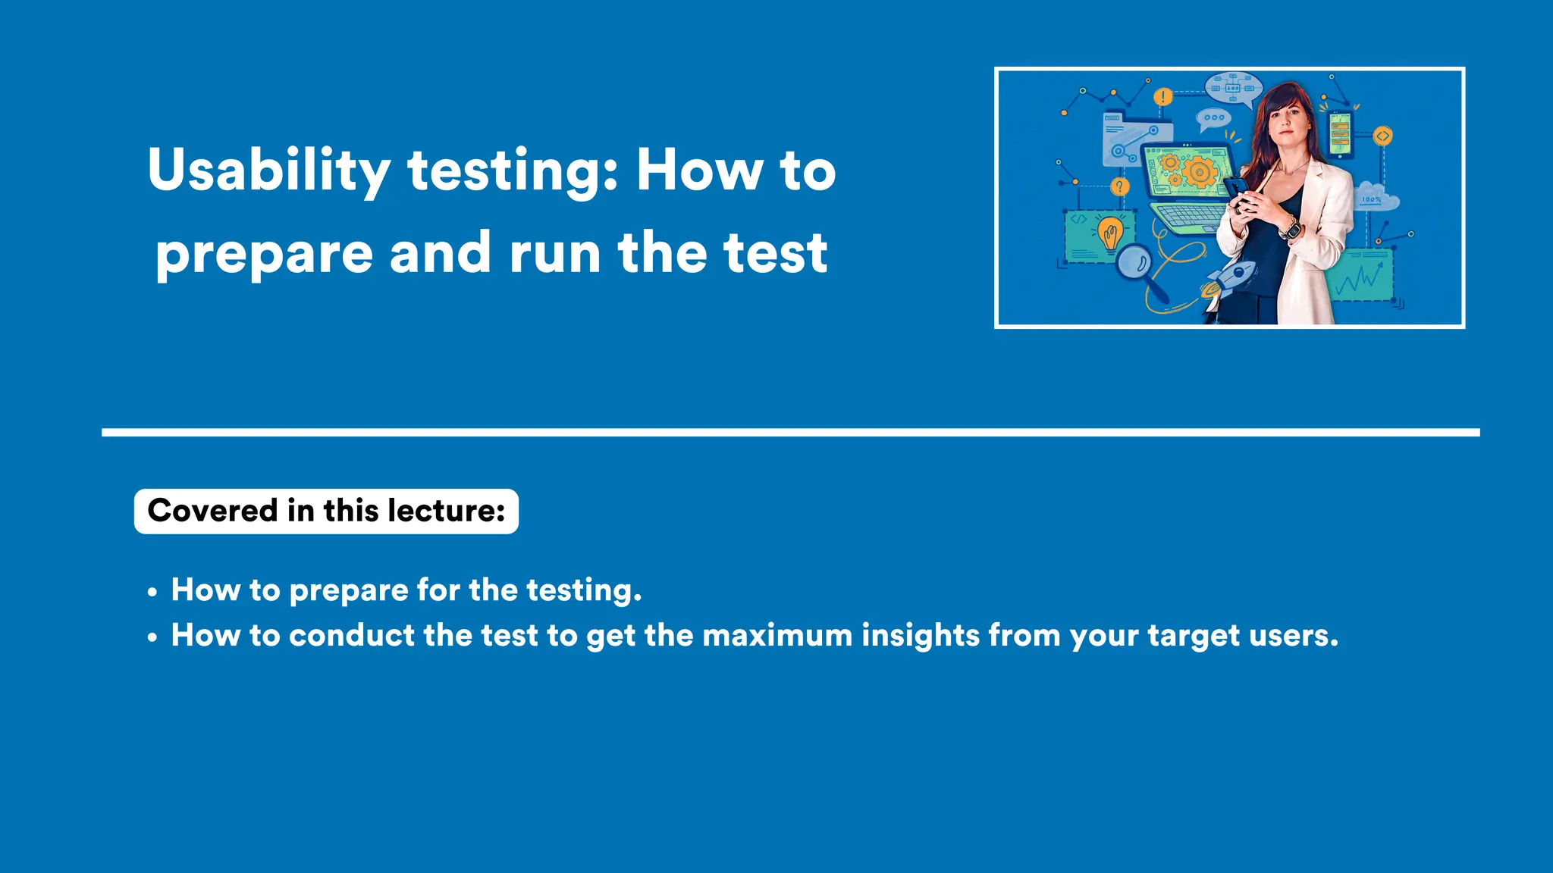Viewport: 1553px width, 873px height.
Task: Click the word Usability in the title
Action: (269, 171)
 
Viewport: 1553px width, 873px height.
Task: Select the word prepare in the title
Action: (264, 255)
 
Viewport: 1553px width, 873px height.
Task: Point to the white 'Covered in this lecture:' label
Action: (326, 512)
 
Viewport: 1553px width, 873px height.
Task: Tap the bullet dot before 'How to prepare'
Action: (152, 592)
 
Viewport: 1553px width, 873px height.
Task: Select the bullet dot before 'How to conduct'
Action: (152, 637)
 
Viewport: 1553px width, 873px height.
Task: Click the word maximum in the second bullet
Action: (777, 636)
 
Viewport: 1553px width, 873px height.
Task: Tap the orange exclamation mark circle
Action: (1162, 97)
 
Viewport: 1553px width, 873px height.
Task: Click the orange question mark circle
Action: (1120, 186)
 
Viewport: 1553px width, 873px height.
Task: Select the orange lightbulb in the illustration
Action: (1111, 233)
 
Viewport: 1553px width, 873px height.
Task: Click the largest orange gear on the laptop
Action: (1199, 171)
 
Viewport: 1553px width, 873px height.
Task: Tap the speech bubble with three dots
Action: (1214, 118)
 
